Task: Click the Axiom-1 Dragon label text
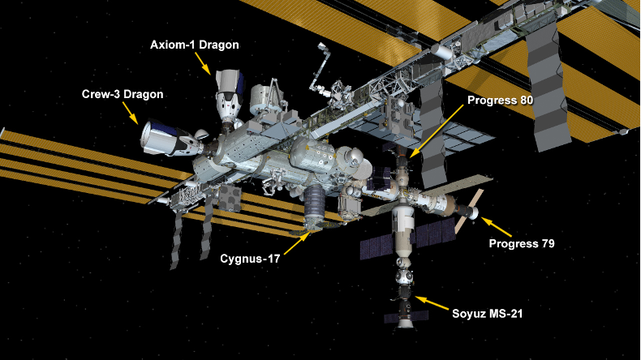pos(195,45)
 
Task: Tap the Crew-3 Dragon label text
pos(123,94)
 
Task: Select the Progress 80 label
pos(501,101)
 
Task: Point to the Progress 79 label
pos(522,244)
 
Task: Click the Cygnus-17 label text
pos(250,259)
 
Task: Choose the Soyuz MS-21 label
pos(488,314)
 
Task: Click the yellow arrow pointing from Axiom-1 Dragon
pos(203,63)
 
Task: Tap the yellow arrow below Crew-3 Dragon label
pos(130,113)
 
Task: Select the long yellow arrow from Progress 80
pos(437,131)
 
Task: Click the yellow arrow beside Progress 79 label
pos(496,227)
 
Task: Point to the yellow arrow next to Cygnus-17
pos(296,243)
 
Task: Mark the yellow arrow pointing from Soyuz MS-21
pos(432,303)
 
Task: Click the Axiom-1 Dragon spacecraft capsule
pos(228,95)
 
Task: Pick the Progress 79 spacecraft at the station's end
pos(466,208)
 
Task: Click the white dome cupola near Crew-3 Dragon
pos(202,135)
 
